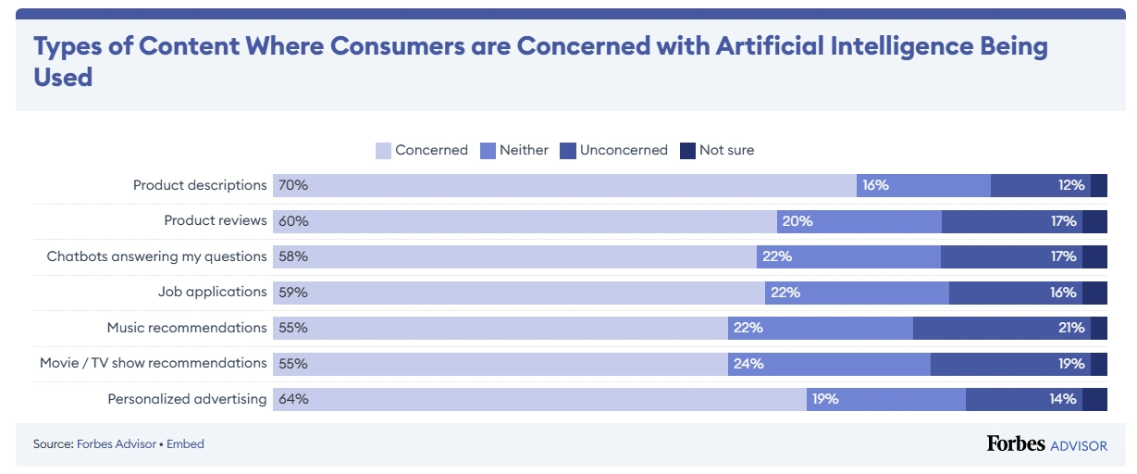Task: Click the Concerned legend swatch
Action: pyautogui.click(x=384, y=150)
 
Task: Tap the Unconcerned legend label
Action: pyautogui.click(x=624, y=150)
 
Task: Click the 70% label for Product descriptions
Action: pyautogui.click(x=293, y=185)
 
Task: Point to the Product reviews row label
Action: pyautogui.click(x=216, y=220)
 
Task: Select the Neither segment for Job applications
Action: pyautogui.click(x=857, y=293)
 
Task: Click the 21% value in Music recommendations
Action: pyautogui.click(x=1071, y=328)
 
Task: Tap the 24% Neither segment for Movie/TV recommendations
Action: pyautogui.click(x=829, y=364)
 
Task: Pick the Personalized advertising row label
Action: pyautogui.click(x=187, y=399)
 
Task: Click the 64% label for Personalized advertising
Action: pyautogui.click(x=293, y=399)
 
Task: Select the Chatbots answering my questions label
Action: pyautogui.click(x=156, y=256)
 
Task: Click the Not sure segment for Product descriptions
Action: pyautogui.click(x=1099, y=185)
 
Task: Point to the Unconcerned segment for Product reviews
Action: pyautogui.click(x=1011, y=221)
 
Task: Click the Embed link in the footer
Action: pyautogui.click(x=185, y=444)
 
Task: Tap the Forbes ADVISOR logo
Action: pyautogui.click(x=1046, y=444)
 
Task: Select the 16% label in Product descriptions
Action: pyautogui.click(x=875, y=185)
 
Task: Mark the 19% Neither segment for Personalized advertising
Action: pyautogui.click(x=886, y=399)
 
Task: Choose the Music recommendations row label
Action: pyautogui.click(x=187, y=328)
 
